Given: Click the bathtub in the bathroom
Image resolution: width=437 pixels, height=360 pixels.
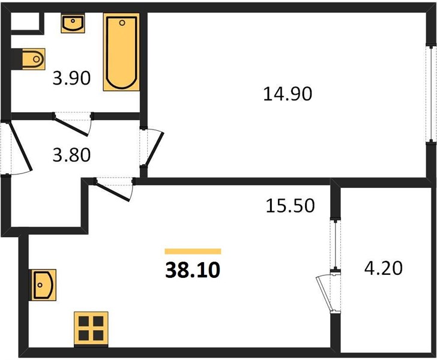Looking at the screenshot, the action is coord(121,52).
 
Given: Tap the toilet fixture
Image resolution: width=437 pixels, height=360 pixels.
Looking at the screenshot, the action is coord(33,59).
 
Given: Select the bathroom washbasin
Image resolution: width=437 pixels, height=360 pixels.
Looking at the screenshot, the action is coord(73,23).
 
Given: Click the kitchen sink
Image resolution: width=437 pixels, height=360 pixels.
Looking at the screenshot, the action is coord(43,285).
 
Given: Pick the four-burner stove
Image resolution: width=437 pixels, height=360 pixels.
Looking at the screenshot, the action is coord(91,329).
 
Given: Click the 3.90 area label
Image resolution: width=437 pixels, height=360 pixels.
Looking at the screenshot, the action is coord(71,78).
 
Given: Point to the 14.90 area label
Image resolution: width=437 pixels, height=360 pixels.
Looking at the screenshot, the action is coord(288,94).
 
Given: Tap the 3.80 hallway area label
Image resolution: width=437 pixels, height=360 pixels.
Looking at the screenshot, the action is coord(71,155).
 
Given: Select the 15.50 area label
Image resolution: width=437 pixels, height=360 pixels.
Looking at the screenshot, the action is coord(290,206).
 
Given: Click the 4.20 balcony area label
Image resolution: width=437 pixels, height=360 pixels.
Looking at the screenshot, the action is coord(384,268).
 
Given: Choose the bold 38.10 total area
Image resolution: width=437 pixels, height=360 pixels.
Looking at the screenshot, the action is coord(193,270).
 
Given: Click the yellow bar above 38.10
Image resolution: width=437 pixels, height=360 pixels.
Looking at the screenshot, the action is coord(193,251).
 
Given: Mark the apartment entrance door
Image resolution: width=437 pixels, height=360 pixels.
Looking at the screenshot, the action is coord(20,146).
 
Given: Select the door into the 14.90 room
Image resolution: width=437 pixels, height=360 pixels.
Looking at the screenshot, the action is coord(155,149).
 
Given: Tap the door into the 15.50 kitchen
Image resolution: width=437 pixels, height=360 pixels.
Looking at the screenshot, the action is coord(113,191).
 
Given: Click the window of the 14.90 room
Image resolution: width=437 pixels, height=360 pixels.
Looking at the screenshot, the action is coord(431,95).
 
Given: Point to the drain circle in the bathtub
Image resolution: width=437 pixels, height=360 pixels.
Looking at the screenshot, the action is coord(122,23).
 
